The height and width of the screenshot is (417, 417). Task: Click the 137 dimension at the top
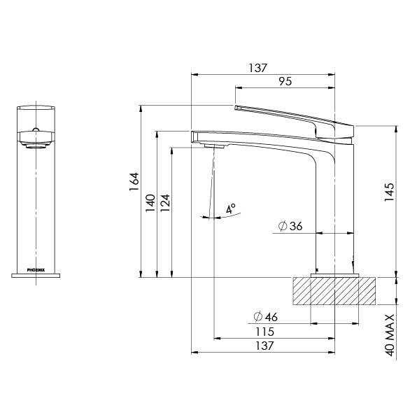258,68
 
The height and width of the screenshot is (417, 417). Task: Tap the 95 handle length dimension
285,82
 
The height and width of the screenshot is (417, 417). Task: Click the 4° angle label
231,208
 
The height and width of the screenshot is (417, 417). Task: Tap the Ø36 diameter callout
290,227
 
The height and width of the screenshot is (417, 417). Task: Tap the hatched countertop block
334,290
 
